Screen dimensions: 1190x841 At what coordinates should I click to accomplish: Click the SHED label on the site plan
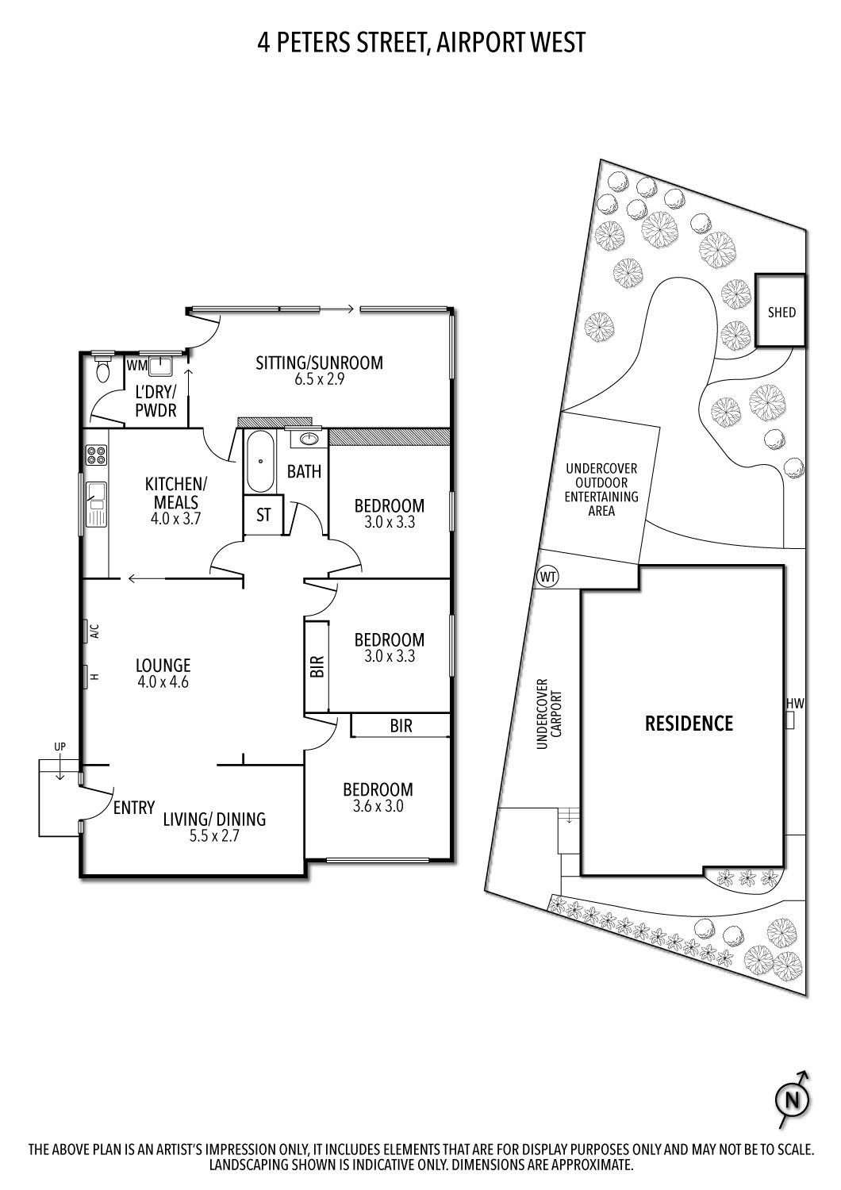tap(781, 312)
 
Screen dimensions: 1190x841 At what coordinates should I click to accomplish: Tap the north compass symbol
tap(791, 1100)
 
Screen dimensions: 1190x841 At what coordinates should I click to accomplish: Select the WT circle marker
tap(547, 576)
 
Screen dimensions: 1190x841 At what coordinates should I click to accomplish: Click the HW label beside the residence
tap(795, 703)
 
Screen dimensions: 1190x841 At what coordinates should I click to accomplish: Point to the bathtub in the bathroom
tap(260, 462)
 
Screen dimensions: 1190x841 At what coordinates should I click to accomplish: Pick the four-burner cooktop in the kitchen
tap(96, 455)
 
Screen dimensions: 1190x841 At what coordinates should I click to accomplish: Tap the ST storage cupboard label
tap(263, 515)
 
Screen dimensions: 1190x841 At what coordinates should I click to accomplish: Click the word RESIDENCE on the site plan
tap(689, 723)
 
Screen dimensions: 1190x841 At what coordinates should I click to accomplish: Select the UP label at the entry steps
tap(60, 747)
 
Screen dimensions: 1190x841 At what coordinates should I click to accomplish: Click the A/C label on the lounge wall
tap(94, 631)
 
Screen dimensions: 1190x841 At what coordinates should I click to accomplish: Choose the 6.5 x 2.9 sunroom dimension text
tap(319, 379)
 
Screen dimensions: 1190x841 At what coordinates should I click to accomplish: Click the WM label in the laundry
tap(136, 365)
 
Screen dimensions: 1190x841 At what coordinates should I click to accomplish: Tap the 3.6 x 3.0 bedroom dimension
tap(378, 806)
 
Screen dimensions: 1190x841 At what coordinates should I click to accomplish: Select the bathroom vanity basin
tap(309, 438)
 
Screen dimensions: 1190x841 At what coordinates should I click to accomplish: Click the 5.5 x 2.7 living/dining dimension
tap(213, 836)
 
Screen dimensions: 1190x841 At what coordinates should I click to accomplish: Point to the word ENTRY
tap(133, 808)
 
